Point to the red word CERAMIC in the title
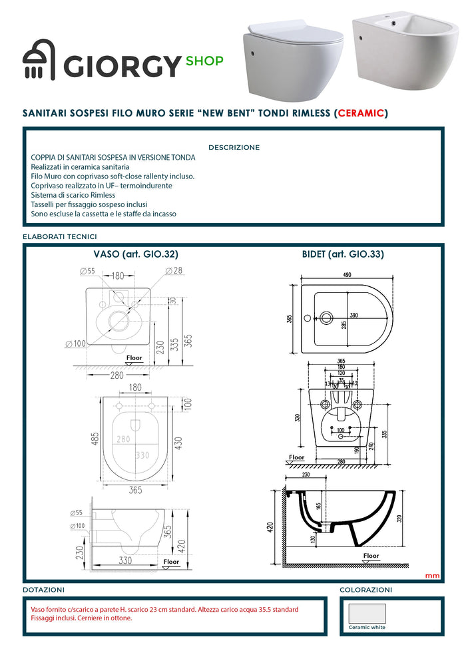pyautogui.click(x=361, y=113)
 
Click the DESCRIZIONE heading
pyautogui.click(x=234, y=147)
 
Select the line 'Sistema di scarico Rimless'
pyautogui.click(x=73, y=195)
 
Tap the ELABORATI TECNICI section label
pyautogui.click(x=60, y=236)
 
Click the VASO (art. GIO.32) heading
pyautogui.click(x=135, y=254)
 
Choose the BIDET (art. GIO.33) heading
pyautogui.click(x=342, y=254)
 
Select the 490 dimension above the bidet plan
pyautogui.click(x=347, y=274)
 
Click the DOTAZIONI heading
pyautogui.click(x=43, y=590)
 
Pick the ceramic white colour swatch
pyautogui.click(x=366, y=613)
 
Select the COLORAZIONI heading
pyautogui.click(x=365, y=590)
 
